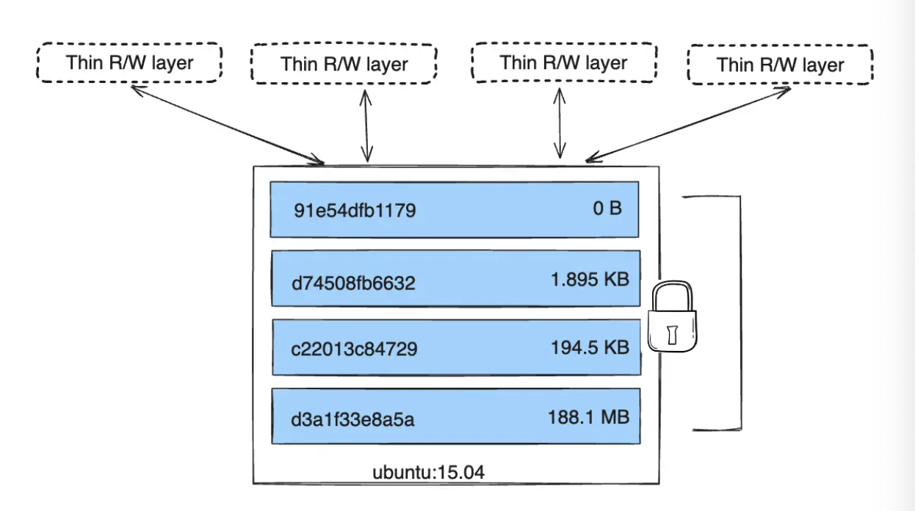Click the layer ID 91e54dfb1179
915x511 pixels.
coord(355,211)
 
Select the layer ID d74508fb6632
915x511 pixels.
coord(353,282)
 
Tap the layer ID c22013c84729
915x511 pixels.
coord(354,349)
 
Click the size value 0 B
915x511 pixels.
coord(607,209)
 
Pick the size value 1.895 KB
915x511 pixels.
coord(590,279)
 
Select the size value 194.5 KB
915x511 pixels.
coord(590,347)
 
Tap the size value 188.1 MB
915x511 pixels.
coord(588,417)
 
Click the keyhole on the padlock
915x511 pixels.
coord(671,334)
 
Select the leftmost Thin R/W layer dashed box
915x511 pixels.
coord(129,62)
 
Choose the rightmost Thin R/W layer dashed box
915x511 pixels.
coord(780,65)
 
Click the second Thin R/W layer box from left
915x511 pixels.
coord(344,63)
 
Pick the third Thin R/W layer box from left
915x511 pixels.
coord(563,62)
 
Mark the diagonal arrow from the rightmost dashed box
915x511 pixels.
coord(688,123)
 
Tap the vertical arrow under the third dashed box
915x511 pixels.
coord(561,123)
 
